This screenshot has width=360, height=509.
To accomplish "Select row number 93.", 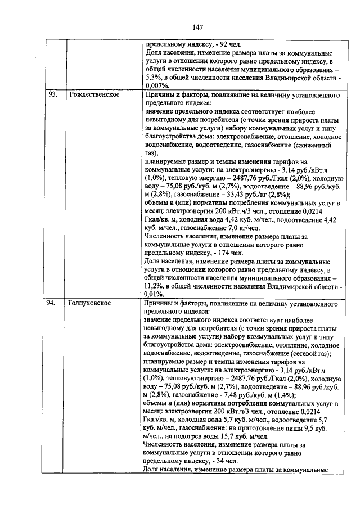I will pyautogui.click(x=52, y=94).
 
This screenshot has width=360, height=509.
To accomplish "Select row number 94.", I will pyautogui.click(x=52, y=303).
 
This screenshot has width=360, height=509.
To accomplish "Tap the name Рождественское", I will pyautogui.click(x=93, y=94).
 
